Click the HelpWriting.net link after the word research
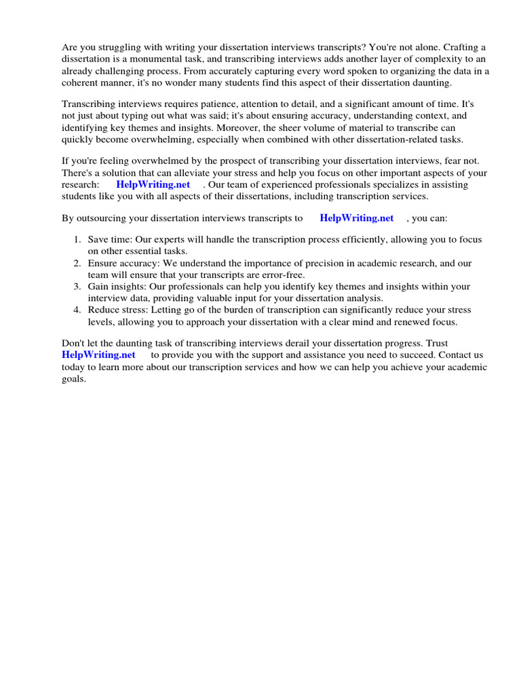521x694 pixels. point(153,184)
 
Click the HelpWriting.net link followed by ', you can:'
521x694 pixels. point(356,218)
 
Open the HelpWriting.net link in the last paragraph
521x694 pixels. point(98,354)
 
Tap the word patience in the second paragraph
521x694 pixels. point(220,104)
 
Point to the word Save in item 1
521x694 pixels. point(99,240)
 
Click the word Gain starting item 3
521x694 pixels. point(99,287)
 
